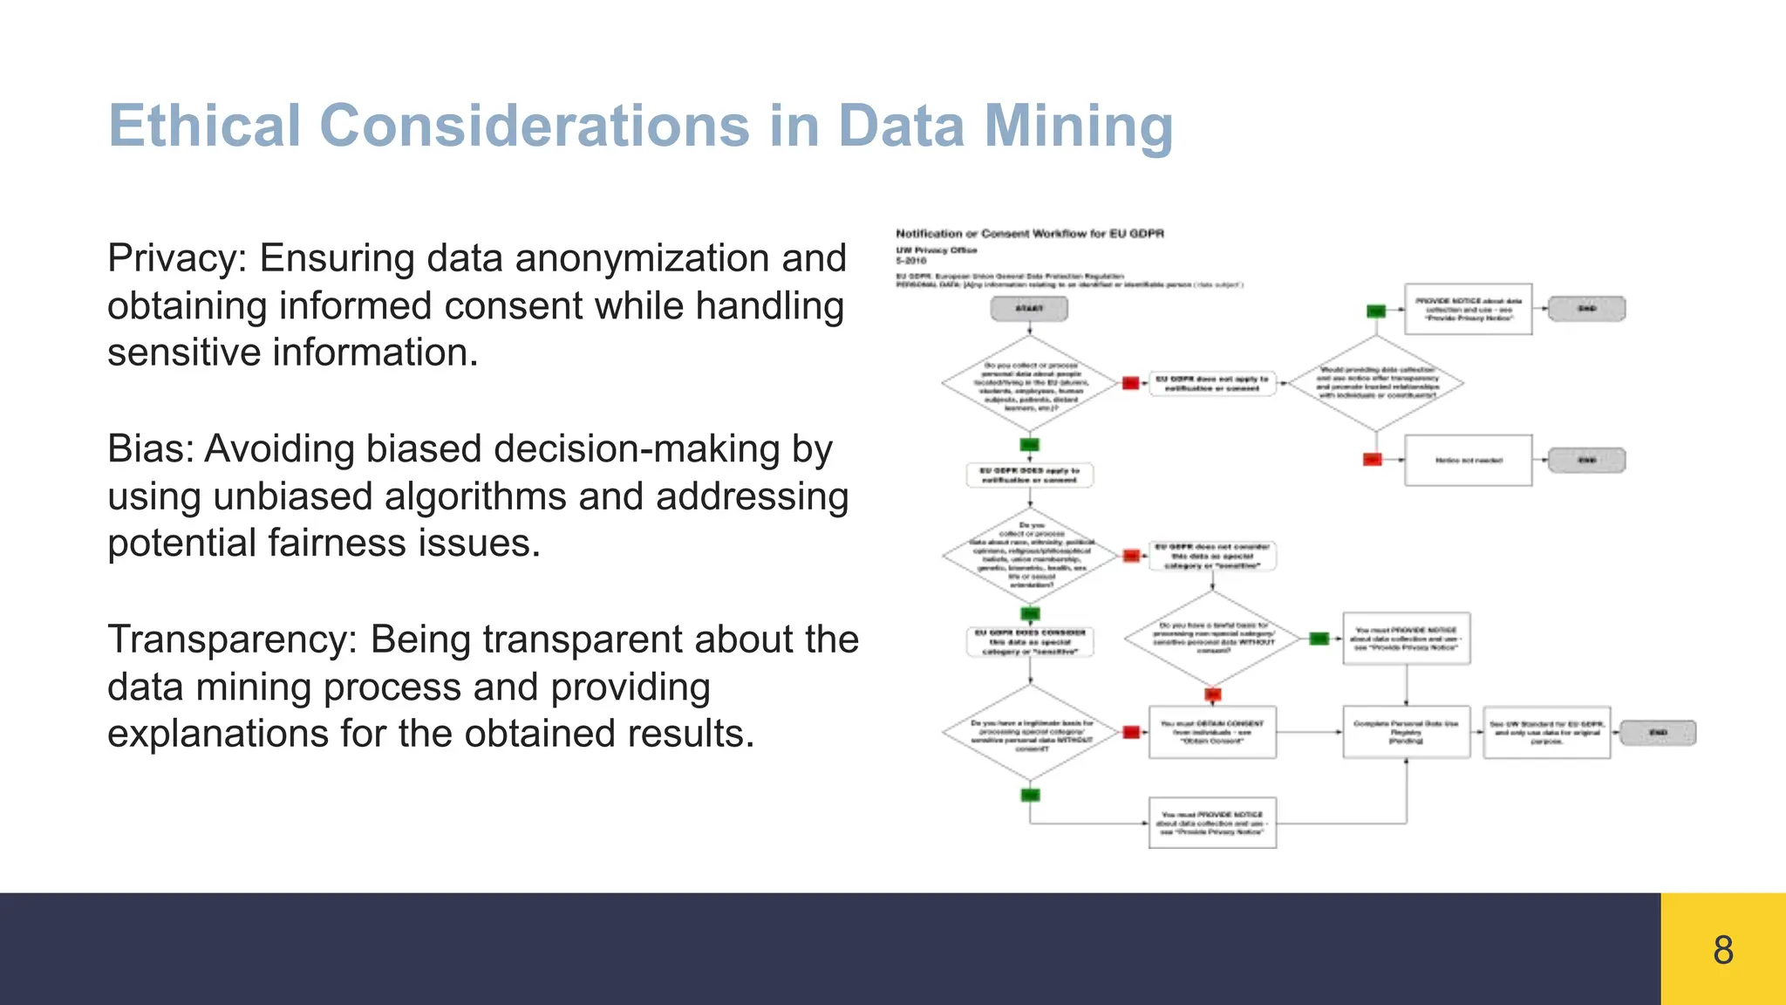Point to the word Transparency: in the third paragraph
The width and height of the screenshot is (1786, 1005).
pyautogui.click(x=232, y=639)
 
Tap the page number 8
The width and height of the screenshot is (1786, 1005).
pyautogui.click(x=1722, y=950)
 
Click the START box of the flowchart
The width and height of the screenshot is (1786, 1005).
pyautogui.click(x=1029, y=309)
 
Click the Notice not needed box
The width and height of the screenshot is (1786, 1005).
pyautogui.click(x=1468, y=461)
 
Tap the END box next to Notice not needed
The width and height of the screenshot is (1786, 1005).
pyautogui.click(x=1586, y=461)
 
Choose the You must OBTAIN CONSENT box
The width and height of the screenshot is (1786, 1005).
pyautogui.click(x=1212, y=732)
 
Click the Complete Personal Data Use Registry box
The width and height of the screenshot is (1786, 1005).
pyautogui.click(x=1406, y=732)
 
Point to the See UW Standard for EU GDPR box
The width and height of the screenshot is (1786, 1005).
pyautogui.click(x=1546, y=732)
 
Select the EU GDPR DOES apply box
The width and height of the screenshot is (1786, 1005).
pyautogui.click(x=1029, y=475)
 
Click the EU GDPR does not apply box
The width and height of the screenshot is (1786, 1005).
pyautogui.click(x=1212, y=383)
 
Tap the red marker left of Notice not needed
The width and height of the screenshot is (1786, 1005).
pyautogui.click(x=1372, y=460)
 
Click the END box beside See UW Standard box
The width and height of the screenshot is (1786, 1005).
pyautogui.click(x=1658, y=733)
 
